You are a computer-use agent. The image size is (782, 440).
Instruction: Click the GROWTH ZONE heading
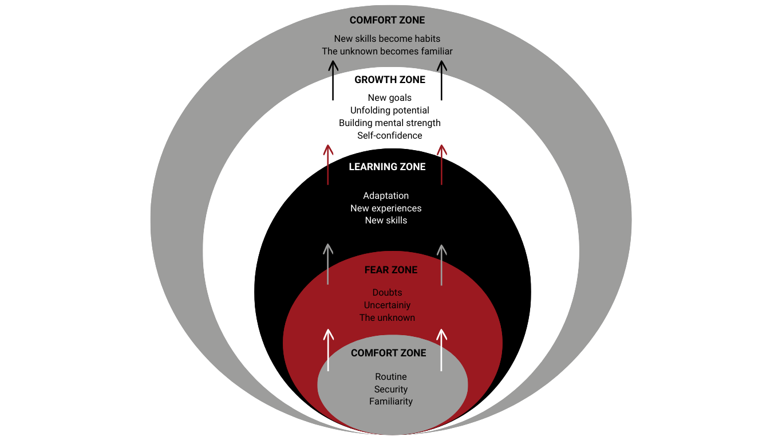point(390,80)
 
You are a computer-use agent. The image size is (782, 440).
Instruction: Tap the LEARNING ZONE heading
point(388,167)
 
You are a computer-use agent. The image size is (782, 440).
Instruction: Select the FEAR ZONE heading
point(391,270)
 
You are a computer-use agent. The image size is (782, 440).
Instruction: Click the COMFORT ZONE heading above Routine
point(389,353)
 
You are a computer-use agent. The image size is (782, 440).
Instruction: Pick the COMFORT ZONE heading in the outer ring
point(388,20)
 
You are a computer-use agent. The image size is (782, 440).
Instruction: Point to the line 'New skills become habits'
point(388,39)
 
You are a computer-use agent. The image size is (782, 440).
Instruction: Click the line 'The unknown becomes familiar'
point(388,52)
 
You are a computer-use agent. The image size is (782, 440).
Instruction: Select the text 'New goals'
point(390,98)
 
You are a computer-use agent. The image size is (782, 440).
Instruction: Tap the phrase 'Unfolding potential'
point(390,111)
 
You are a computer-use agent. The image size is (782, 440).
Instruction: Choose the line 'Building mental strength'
point(390,123)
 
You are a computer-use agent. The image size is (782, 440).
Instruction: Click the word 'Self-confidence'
point(390,136)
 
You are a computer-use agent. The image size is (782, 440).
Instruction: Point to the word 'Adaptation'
point(386,196)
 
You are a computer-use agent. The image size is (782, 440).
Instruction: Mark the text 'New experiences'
point(386,208)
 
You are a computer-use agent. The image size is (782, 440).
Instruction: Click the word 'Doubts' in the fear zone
point(388,293)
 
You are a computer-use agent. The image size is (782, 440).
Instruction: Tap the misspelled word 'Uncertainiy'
point(388,305)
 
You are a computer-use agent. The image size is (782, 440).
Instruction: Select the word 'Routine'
point(391,377)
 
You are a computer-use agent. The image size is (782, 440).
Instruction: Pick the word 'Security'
point(391,390)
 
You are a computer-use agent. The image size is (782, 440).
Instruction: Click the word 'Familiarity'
point(391,402)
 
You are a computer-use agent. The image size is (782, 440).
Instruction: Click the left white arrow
point(328,349)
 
